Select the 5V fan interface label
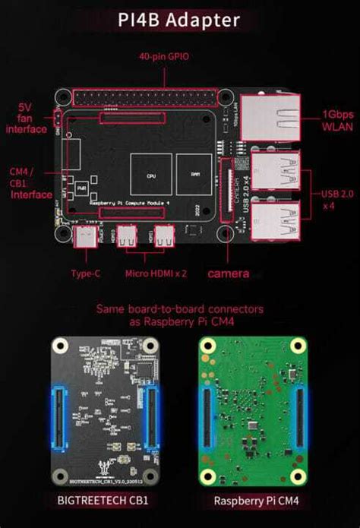click(x=27, y=119)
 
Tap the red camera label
click(x=229, y=273)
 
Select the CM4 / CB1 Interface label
click(x=31, y=183)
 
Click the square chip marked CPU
click(x=150, y=174)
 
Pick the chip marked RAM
click(x=194, y=174)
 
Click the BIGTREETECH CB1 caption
click(x=103, y=501)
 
